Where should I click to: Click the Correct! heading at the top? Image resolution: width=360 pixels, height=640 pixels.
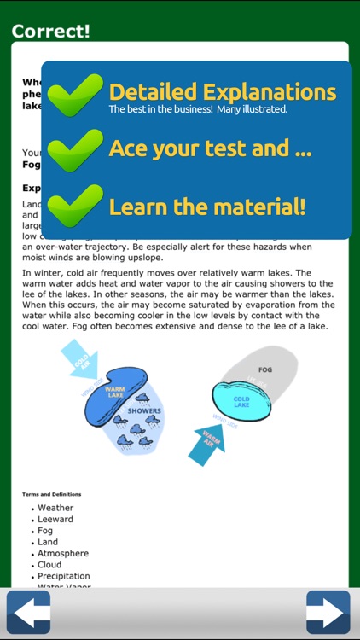[51, 32]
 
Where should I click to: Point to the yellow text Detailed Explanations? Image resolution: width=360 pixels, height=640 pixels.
[222, 91]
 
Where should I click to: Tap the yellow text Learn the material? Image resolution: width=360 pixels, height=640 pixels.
[206, 207]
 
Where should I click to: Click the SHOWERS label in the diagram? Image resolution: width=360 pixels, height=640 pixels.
[144, 410]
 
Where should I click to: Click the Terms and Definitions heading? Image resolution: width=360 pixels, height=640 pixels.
[51, 494]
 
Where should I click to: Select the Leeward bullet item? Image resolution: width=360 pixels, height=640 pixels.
[55, 519]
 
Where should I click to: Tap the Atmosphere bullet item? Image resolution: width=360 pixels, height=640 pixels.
[63, 553]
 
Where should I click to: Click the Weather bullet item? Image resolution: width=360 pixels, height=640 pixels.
[55, 508]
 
